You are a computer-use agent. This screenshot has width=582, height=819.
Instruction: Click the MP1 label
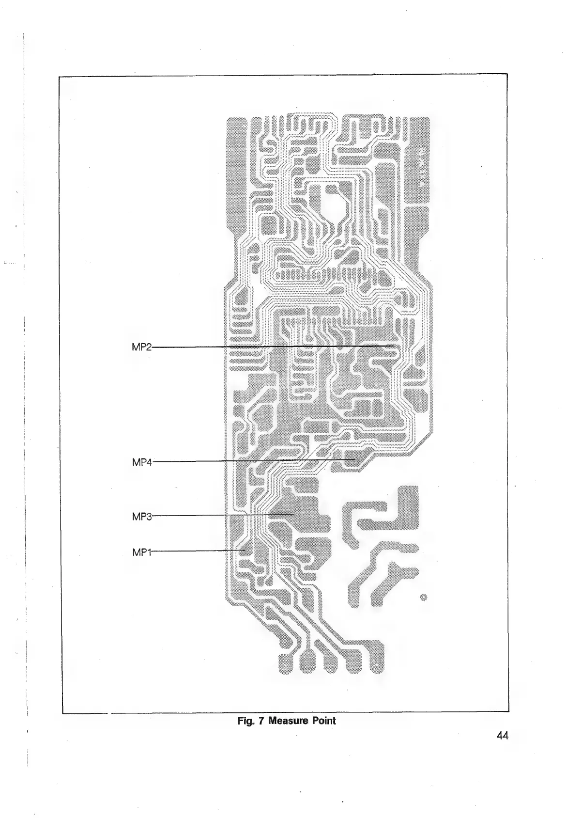(142, 551)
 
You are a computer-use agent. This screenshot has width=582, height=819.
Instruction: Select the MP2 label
(142, 346)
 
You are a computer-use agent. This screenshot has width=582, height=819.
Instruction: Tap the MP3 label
(142, 516)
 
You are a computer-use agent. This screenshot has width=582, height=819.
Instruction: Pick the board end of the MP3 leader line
(294, 514)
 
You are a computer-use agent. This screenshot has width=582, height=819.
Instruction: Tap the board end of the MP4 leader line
(355, 458)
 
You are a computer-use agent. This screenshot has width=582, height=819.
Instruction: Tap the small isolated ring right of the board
(424, 597)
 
